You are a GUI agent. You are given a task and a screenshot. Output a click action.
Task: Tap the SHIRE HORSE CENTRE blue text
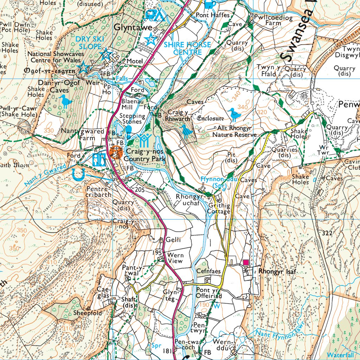pyautogui.click(x=187, y=49)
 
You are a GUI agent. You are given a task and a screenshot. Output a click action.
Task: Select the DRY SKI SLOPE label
pyautogui.click(x=88, y=43)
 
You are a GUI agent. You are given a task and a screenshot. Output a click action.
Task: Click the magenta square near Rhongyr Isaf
pyautogui.click(x=246, y=262)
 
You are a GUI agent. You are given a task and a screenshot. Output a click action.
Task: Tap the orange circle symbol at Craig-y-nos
pyautogui.click(x=115, y=152)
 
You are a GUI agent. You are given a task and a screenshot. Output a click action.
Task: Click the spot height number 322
pyautogui.click(x=327, y=233)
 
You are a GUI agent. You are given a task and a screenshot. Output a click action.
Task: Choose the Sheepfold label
pyautogui.click(x=88, y=313)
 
